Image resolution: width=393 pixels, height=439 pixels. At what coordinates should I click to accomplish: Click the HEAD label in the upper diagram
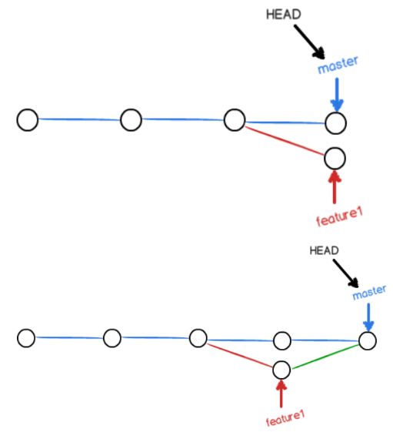(x=284, y=15)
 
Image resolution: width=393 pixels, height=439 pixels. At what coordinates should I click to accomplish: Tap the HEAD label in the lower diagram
(x=324, y=250)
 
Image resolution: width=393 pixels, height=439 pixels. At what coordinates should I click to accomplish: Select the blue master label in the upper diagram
(x=338, y=65)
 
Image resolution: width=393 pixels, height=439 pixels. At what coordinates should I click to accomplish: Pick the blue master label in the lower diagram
(x=369, y=293)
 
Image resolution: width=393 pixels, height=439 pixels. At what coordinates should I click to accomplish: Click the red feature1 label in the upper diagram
(x=339, y=216)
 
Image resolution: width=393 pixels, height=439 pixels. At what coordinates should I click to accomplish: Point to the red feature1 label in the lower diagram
(x=285, y=418)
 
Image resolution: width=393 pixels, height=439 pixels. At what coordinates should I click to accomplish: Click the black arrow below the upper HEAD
(x=309, y=42)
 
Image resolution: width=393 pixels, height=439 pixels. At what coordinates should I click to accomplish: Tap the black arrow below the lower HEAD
(x=345, y=273)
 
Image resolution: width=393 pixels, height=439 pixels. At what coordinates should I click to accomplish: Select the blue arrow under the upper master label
(x=337, y=96)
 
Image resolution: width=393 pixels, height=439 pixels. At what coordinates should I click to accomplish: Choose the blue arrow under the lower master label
(x=368, y=317)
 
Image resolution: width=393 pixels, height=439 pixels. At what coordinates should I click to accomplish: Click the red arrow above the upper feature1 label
(x=335, y=187)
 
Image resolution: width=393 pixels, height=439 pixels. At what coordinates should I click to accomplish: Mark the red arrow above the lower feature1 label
(x=281, y=394)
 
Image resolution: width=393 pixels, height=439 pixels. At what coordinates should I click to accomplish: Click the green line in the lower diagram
(x=325, y=357)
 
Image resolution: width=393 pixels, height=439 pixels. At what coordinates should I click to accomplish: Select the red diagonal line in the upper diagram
(x=285, y=140)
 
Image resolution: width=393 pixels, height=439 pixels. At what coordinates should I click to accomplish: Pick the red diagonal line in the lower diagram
(x=240, y=355)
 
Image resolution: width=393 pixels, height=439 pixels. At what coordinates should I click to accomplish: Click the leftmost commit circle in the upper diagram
(x=28, y=120)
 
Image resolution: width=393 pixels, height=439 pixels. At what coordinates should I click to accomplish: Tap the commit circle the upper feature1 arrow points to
(x=335, y=159)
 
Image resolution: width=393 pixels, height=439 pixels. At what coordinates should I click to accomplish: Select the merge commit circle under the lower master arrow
(x=368, y=341)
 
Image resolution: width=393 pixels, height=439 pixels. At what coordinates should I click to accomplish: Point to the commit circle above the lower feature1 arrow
(x=281, y=370)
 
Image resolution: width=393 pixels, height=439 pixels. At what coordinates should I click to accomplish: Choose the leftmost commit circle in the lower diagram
(x=26, y=338)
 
